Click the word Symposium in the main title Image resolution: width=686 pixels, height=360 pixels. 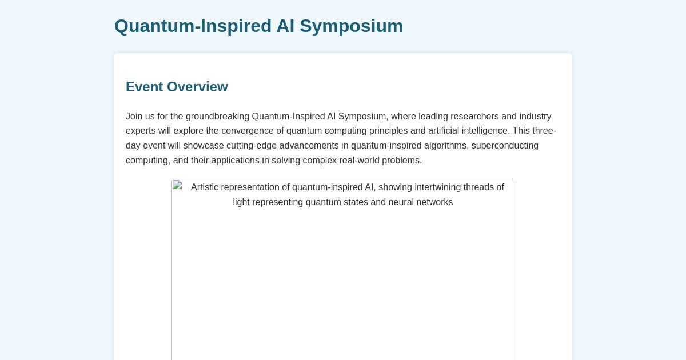(351, 26)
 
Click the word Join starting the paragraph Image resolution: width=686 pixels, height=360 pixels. (134, 117)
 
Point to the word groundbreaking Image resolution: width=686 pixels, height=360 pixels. (217, 117)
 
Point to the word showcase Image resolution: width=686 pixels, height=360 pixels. (204, 146)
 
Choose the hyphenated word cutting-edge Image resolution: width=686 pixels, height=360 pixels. (252, 146)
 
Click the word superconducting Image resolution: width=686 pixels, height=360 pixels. (505, 146)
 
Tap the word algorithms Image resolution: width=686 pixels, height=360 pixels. (445, 146)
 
